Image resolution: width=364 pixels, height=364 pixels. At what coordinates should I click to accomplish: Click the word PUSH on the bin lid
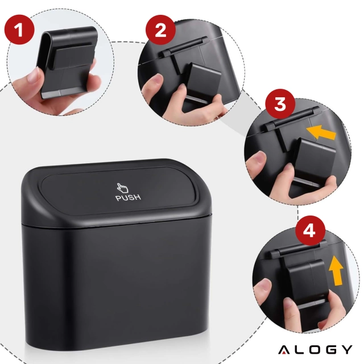point(128,198)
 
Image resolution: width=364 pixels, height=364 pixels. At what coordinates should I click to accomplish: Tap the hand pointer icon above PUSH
point(122,188)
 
